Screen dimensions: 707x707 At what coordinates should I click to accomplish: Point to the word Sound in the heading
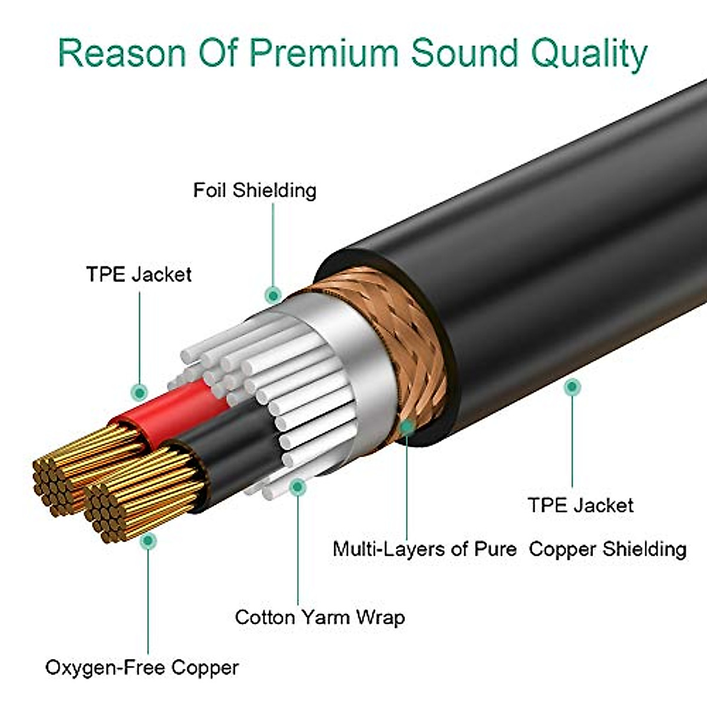coord(464,52)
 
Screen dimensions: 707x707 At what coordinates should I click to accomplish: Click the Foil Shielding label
coord(255,190)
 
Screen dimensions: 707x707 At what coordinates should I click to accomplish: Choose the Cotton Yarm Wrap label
coord(320,617)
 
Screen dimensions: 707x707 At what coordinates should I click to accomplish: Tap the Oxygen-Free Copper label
coord(142,668)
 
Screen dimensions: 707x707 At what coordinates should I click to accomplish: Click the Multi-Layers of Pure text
coord(424,549)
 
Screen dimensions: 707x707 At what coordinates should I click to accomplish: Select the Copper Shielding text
coord(607,549)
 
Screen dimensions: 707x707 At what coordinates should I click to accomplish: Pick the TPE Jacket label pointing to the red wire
coord(139,275)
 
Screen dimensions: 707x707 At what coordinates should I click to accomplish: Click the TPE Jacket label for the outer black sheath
coord(580,506)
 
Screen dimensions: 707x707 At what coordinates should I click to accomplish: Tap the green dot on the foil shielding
coord(272,294)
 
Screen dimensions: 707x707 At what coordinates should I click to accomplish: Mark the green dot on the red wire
coord(140,391)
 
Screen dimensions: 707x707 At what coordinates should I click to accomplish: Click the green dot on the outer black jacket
coord(571,387)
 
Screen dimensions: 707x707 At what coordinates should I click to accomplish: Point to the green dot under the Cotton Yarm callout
coord(298,486)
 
